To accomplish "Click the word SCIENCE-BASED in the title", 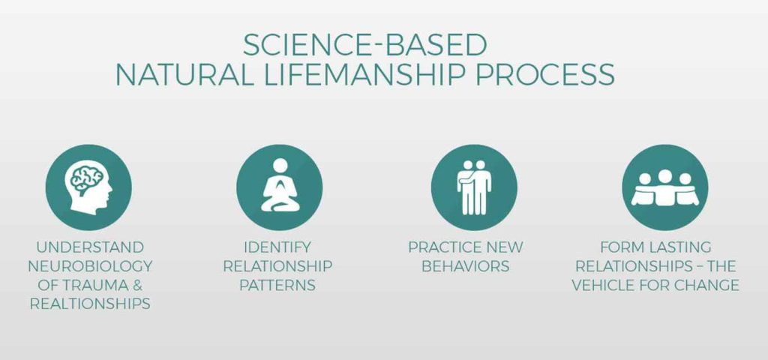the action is [x=365, y=45].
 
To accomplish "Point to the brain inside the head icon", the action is [x=87, y=179].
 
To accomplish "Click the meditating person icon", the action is [x=280, y=185].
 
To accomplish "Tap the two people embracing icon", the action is [x=474, y=187].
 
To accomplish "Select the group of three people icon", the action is [x=664, y=188].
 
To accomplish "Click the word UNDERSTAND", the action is [x=90, y=247].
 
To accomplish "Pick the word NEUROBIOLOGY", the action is [x=90, y=266].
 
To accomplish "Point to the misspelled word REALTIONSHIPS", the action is [x=90, y=304].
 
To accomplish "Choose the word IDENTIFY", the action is [x=277, y=247].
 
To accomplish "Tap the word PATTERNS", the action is [x=277, y=285].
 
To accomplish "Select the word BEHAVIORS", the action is [x=465, y=266].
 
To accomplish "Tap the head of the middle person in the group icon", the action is [x=664, y=176].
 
